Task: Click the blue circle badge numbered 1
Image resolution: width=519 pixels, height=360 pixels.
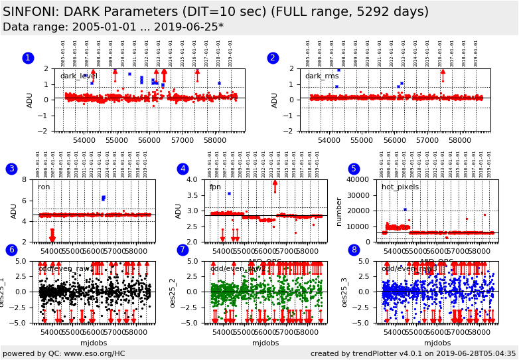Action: (28, 58)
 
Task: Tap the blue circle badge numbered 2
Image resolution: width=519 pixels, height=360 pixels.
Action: (273, 58)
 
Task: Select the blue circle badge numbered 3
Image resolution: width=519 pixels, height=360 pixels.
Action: (11, 169)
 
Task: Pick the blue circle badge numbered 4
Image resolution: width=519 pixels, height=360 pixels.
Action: (183, 169)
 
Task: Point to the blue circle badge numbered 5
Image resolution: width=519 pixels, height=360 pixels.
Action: (354, 169)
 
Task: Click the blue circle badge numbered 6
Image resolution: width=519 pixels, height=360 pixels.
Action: (11, 250)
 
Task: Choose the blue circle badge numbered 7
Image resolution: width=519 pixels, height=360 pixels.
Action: (183, 250)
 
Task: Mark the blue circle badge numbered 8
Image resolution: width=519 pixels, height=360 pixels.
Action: (354, 250)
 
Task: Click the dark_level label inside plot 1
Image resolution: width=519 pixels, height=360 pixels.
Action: (79, 76)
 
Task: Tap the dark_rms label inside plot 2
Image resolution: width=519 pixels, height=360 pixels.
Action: (322, 76)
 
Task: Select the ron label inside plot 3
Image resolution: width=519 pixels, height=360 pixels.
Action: (44, 187)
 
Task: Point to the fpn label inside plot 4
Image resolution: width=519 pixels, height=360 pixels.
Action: (215, 187)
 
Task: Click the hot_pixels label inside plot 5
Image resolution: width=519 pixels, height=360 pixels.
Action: (400, 187)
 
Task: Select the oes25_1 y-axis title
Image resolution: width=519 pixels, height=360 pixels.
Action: (3, 292)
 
